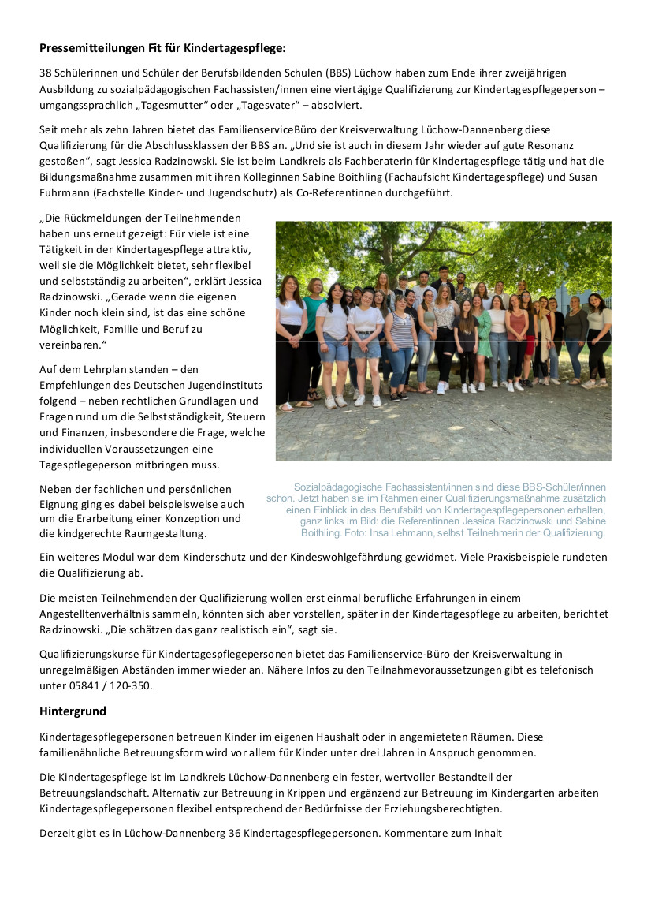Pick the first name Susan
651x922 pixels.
coord(585,177)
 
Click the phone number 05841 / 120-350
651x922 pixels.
coord(109,685)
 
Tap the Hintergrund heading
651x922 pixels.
coord(73,711)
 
